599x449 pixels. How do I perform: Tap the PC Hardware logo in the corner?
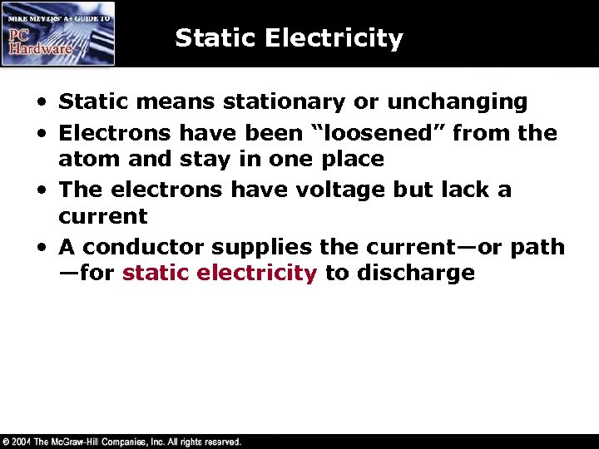pyautogui.click(x=58, y=33)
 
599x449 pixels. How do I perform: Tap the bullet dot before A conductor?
pyautogui.click(x=41, y=248)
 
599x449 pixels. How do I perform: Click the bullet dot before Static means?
pyautogui.click(x=41, y=103)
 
